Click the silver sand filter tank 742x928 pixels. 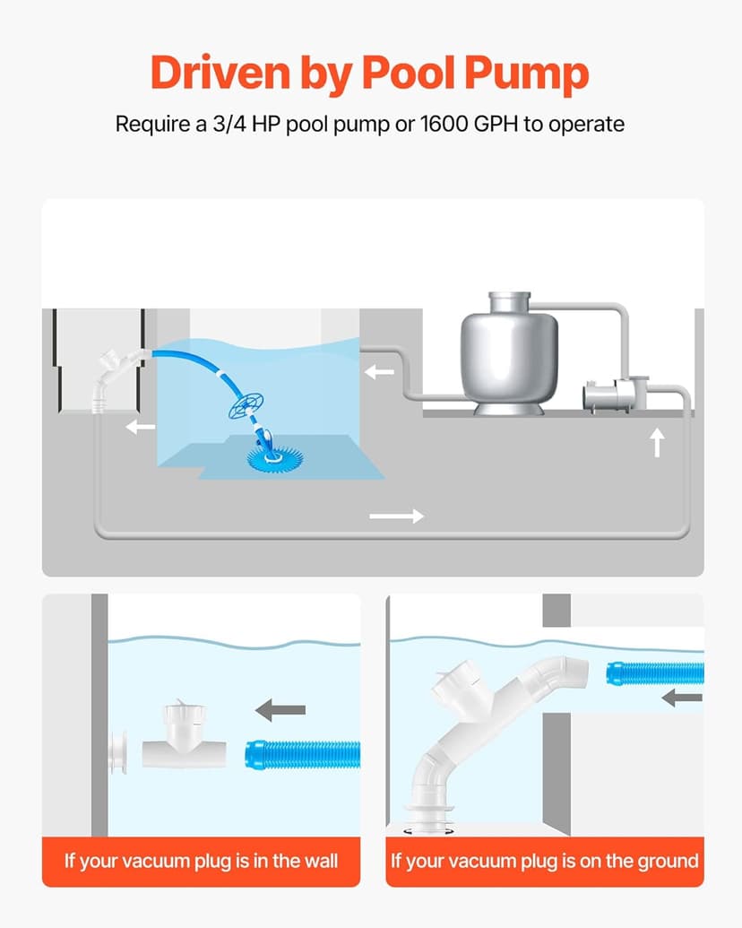click(x=504, y=351)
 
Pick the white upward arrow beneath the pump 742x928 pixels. click(x=657, y=442)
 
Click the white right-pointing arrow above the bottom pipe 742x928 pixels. click(x=396, y=516)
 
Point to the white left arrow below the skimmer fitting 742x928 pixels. click(x=140, y=427)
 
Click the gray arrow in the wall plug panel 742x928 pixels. click(x=280, y=711)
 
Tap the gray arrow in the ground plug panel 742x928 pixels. click(x=681, y=697)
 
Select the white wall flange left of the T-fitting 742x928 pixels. click(x=117, y=751)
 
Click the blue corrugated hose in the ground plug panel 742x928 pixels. click(x=654, y=672)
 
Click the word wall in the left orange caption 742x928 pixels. click(x=309, y=862)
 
